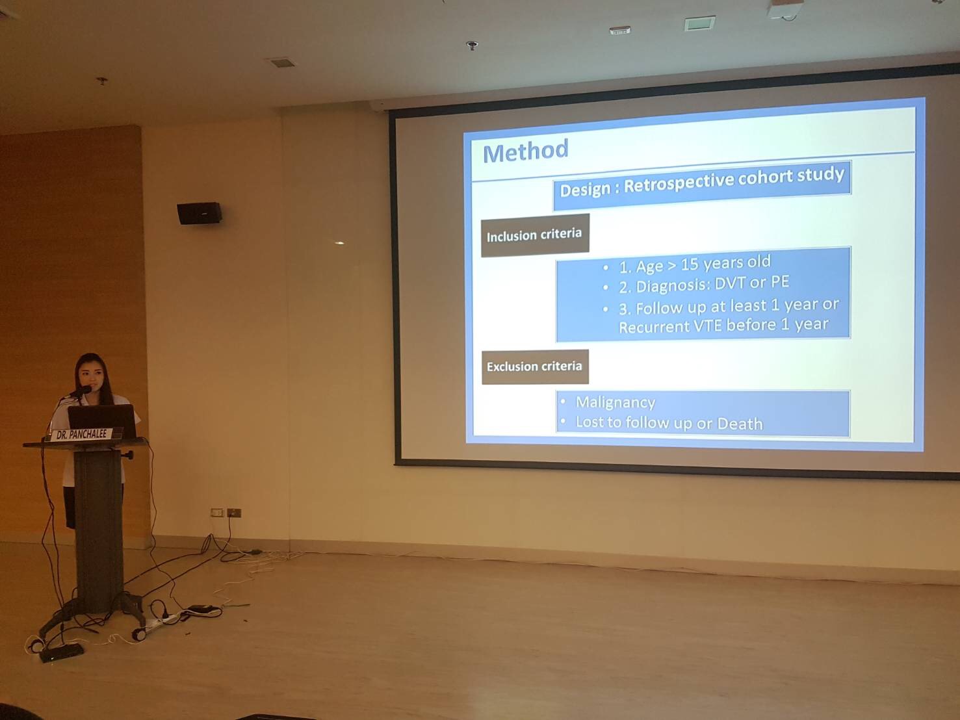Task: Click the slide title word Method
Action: pos(525,151)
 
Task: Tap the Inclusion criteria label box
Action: pos(535,235)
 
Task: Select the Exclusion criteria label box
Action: pos(535,366)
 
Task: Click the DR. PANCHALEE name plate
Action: pos(82,435)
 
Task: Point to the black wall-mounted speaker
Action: pos(199,213)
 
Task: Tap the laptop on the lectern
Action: pos(102,420)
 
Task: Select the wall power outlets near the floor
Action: pos(226,512)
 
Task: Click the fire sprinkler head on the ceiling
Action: pos(472,45)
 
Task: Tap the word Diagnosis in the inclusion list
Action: pos(677,285)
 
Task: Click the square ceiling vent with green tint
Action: pos(699,23)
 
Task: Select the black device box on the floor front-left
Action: pos(61,652)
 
